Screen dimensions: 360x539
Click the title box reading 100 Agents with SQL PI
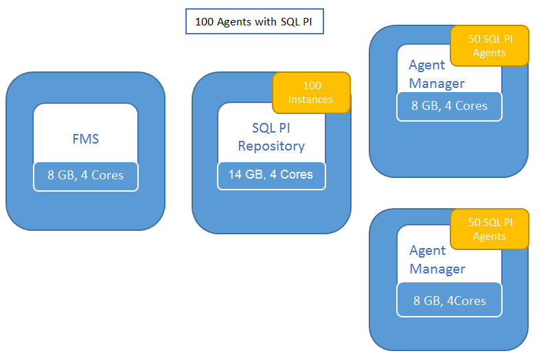[254, 21]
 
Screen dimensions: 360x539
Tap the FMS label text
[86, 139]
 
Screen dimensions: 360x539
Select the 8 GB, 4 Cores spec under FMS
[86, 175]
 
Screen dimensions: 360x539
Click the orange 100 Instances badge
[311, 93]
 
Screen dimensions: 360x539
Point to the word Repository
[271, 146]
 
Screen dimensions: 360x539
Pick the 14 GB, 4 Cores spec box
[271, 175]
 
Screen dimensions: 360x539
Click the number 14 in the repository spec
[236, 175]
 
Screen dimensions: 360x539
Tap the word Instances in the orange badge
[310, 100]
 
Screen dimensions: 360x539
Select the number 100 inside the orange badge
[312, 86]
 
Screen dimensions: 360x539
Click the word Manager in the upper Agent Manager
[437, 83]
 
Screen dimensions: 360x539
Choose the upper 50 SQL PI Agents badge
[489, 45]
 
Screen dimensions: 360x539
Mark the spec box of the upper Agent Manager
[449, 106]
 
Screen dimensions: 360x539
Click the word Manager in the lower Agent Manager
[437, 269]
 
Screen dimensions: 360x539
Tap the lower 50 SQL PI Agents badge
[489, 229]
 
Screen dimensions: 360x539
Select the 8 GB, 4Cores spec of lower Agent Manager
[449, 301]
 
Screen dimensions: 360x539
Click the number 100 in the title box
[205, 21]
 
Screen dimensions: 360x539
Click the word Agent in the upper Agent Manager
[427, 65]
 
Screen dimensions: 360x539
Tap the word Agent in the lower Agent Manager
[427, 250]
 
